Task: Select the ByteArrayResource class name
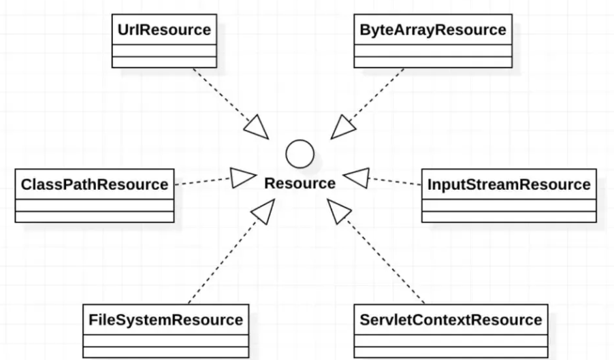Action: click(432, 30)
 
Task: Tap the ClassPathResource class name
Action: click(94, 184)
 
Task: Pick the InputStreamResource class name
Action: click(508, 184)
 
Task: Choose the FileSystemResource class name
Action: click(165, 319)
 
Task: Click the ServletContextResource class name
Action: click(451, 319)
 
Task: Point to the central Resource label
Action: click(300, 184)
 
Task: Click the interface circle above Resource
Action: click(300, 154)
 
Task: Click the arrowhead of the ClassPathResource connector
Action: click(242, 178)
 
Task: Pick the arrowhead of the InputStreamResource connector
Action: click(355, 178)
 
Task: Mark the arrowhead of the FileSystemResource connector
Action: click(263, 211)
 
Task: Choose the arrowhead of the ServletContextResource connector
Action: click(337, 211)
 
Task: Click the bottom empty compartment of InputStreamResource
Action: click(508, 217)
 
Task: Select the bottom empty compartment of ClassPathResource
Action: click(94, 217)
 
